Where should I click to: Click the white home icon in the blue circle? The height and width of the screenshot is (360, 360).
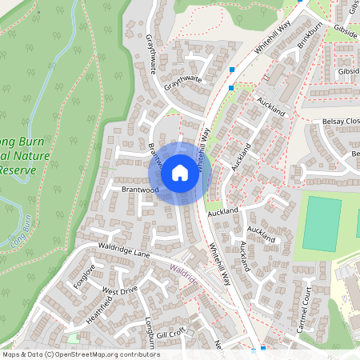coord(180,173)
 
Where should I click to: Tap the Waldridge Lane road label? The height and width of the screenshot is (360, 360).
coord(124,250)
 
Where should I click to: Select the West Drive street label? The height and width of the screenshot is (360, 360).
coord(120,290)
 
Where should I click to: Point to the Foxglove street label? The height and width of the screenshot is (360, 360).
coord(83,275)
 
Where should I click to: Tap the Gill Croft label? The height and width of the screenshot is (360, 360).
coord(171,332)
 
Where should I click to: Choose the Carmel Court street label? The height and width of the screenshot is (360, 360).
coord(302,314)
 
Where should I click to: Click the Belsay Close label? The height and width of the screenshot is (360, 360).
coord(340,121)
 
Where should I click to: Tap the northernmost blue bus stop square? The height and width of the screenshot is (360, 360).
coord(232,70)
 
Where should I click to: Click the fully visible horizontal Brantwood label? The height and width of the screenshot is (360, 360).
coord(140,190)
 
